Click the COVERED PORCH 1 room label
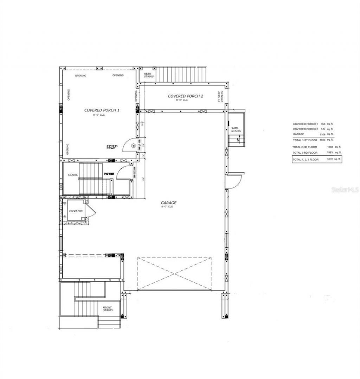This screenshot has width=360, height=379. (102, 110)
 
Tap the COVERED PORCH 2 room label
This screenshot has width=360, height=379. (185, 96)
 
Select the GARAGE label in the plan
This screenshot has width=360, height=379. (168, 203)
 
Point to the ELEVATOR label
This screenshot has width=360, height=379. (76, 211)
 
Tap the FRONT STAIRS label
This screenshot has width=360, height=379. (108, 309)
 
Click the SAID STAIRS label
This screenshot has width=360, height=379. (236, 130)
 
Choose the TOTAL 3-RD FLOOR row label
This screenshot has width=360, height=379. (305, 153)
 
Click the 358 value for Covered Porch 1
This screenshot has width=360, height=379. (323, 124)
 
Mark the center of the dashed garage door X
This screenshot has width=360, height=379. (175, 274)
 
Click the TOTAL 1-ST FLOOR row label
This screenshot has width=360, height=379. (304, 140)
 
